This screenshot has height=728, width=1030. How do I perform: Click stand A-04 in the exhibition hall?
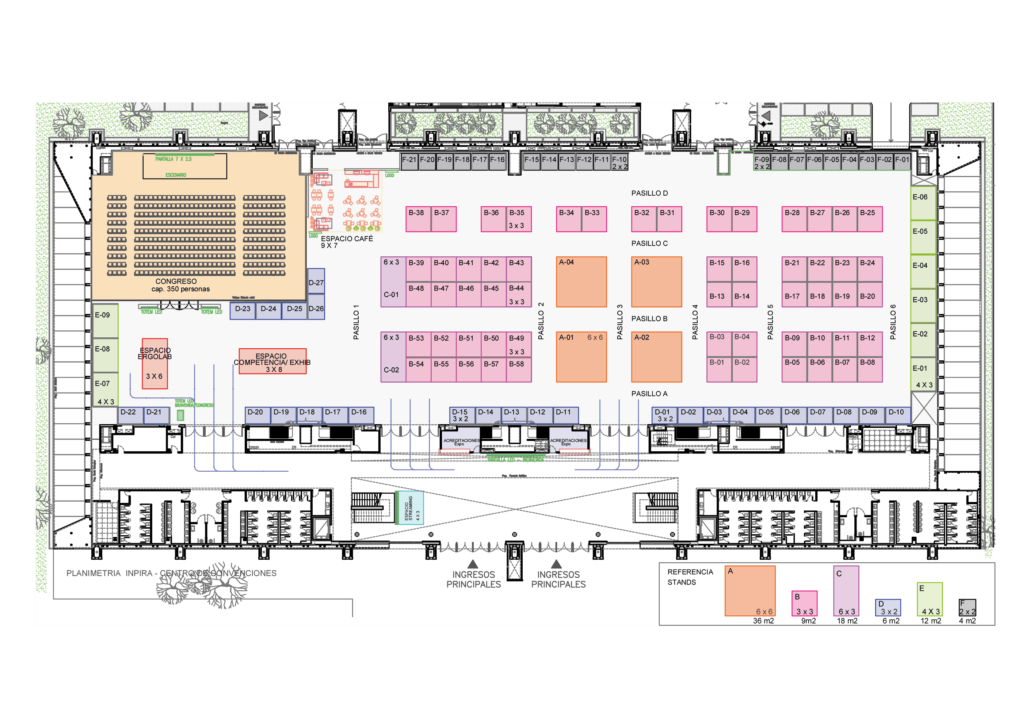click(581, 282)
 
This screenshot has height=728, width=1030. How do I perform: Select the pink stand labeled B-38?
click(418, 219)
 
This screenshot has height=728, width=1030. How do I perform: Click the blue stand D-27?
click(316, 281)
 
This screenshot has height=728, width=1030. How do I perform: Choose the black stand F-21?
click(409, 162)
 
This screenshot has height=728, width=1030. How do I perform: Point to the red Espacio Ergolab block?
click(155, 363)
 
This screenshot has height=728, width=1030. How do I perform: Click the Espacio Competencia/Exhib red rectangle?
click(272, 361)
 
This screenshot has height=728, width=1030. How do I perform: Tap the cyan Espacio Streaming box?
click(409, 508)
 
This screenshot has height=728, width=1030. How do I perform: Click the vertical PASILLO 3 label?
click(619, 322)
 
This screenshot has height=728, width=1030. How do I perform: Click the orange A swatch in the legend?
click(749, 591)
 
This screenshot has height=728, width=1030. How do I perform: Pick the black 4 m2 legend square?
click(967, 608)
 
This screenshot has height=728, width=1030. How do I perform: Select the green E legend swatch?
click(929, 599)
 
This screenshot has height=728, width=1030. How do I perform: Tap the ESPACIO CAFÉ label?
click(346, 239)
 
